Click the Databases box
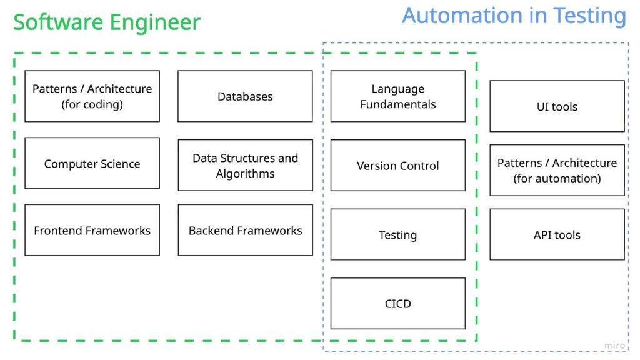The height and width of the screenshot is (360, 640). pos(245,96)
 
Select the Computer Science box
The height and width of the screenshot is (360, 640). pos(92,164)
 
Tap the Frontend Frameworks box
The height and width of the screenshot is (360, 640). pos(92,231)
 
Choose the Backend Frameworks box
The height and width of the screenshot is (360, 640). pos(245,231)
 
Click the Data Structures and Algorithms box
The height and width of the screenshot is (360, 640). pos(245,166)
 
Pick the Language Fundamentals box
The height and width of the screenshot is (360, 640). pos(397,96)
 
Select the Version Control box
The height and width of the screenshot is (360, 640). pos(397,166)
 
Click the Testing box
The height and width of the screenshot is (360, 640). pos(397,235)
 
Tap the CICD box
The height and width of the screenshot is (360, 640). pos(397,304)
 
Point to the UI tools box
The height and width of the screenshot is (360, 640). pos(557,106)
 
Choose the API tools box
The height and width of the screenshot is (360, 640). pos(557,235)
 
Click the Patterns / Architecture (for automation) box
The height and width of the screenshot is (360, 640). pos(557,170)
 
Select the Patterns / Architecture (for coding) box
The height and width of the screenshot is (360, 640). pos(92,96)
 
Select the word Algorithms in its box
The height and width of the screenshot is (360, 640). pos(245,174)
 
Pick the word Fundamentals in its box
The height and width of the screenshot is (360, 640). pos(397,104)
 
